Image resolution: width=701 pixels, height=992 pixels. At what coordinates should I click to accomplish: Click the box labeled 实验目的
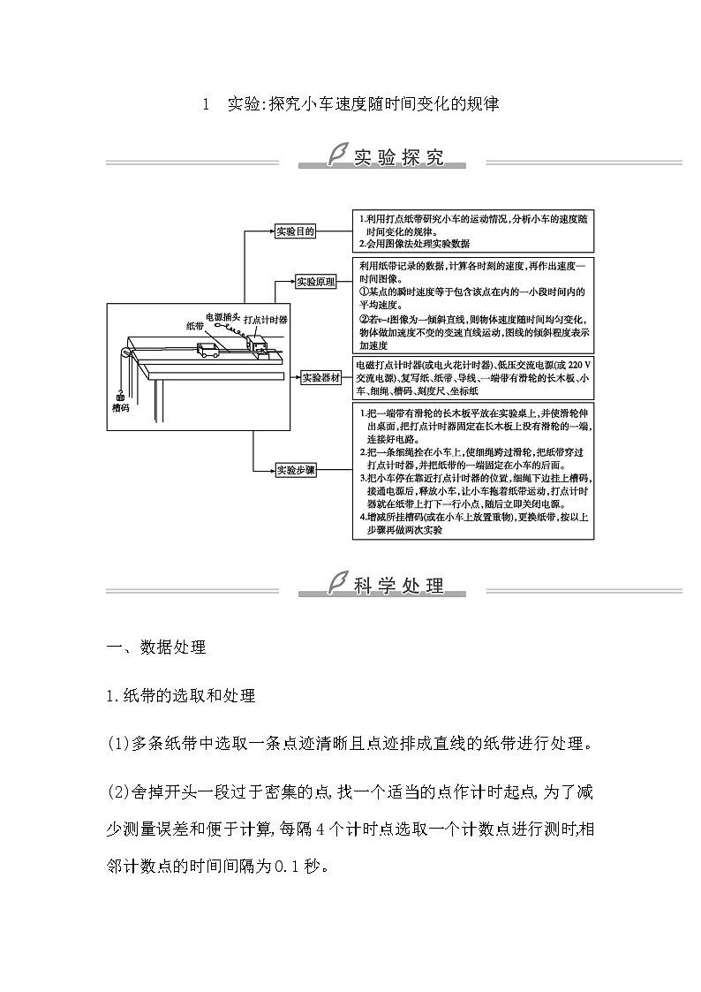point(295,231)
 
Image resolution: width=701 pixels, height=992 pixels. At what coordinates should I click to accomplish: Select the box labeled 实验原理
point(315,282)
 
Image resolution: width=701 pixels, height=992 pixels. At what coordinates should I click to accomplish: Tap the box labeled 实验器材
point(321,377)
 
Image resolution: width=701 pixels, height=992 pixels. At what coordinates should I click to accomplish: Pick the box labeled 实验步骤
point(296,469)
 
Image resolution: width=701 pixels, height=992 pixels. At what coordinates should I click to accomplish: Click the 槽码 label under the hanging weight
point(121,409)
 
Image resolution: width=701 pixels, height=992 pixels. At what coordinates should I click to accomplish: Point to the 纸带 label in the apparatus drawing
point(195,325)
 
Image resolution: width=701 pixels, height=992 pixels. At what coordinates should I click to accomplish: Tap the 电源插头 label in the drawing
point(222,315)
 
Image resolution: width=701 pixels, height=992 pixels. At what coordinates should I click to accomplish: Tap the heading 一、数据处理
point(155,647)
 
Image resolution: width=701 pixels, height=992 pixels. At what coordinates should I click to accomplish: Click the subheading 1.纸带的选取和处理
point(180,696)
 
